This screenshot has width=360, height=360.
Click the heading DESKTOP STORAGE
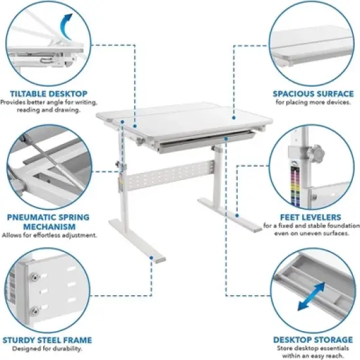(312, 340)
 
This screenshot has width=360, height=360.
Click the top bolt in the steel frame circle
(31, 279)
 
